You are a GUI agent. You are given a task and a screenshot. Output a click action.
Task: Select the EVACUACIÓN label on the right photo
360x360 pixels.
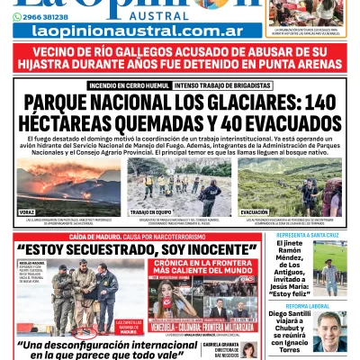pyautogui.click(x=255, y=212)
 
